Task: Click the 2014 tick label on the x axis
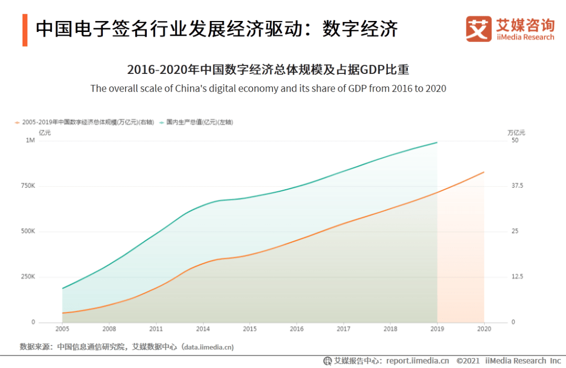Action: [203, 329]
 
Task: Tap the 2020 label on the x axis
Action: [484, 329]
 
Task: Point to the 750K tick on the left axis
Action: [28, 186]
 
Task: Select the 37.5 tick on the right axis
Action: [517, 186]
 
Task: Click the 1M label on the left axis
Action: [30, 140]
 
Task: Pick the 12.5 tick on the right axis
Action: [517, 277]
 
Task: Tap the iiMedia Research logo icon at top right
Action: [478, 29]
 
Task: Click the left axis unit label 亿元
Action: [45, 133]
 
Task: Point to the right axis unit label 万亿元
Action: [516, 133]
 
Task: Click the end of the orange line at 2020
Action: [484, 172]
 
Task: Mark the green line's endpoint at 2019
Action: [437, 142]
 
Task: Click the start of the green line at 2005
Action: [62, 288]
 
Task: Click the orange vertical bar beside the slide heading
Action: [25, 30]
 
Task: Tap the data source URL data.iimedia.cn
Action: [208, 347]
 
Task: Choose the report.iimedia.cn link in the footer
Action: [418, 361]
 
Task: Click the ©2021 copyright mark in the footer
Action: [468, 361]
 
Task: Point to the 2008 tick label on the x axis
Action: [109, 329]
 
